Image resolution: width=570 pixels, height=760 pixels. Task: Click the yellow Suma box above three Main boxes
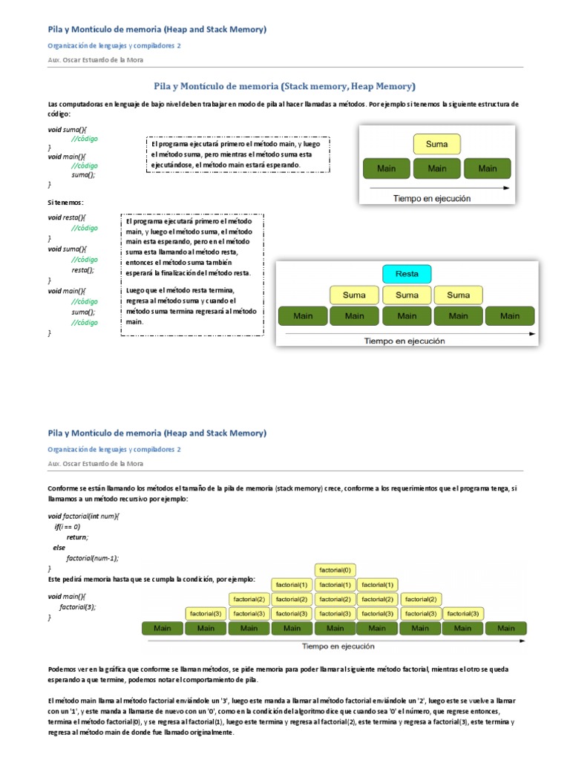click(436, 145)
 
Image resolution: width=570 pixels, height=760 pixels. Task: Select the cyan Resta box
click(406, 274)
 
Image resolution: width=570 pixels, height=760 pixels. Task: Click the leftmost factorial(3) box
click(206, 614)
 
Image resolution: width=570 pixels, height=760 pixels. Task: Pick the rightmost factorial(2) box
click(421, 599)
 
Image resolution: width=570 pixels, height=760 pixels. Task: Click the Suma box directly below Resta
click(406, 295)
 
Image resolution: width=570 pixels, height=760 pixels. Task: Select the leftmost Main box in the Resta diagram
click(303, 316)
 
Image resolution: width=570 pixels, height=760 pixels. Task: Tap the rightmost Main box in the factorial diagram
click(505, 629)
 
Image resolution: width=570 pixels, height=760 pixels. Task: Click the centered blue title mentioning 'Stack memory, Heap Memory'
click(284, 86)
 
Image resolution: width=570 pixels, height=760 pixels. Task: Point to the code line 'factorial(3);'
click(78, 606)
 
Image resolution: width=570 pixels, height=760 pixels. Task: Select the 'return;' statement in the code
click(77, 537)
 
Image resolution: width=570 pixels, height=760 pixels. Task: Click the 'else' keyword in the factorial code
click(59, 547)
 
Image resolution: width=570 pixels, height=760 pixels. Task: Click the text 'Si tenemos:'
click(66, 202)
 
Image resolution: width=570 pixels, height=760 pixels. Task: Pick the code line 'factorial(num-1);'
click(93, 557)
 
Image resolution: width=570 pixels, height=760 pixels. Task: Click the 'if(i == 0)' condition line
click(67, 526)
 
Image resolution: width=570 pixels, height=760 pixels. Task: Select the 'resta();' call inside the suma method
click(83, 270)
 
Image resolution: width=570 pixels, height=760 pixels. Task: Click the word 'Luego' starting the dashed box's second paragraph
click(137, 290)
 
